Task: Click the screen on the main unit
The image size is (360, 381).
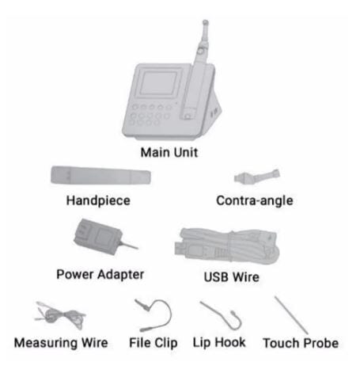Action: pos(158,83)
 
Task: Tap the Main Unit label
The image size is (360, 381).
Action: pos(169,153)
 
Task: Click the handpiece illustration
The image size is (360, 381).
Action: pos(100,175)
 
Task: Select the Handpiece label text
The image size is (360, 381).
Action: pos(98,200)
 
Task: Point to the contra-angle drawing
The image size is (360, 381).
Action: pos(256,176)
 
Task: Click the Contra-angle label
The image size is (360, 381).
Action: pos(255,200)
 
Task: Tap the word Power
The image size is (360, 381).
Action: pos(75,275)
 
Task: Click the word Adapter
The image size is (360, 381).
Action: pos(121,275)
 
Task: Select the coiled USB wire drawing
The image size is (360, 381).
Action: pos(227,246)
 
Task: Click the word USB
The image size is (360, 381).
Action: pos(216,277)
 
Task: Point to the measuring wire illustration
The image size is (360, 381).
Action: pos(61,315)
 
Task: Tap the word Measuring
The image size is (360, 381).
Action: pos(46,343)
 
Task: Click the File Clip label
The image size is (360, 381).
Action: pos(153,343)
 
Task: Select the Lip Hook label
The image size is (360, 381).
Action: pos(219,343)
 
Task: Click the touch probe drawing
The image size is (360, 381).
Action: pos(291,315)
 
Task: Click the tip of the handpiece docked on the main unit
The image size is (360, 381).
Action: pos(205,22)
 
